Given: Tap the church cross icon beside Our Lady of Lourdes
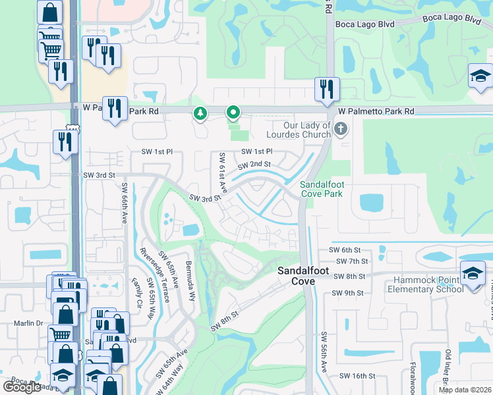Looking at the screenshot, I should click(341, 128).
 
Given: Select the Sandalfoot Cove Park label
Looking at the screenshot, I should click(322, 190).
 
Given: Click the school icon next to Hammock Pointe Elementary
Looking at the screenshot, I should click(473, 273).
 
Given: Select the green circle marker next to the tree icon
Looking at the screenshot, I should click(233, 113).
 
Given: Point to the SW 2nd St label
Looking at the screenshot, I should click(254, 164).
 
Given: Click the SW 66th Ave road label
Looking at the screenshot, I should click(123, 202).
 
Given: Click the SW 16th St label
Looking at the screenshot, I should click(357, 376).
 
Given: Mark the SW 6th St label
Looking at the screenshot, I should click(345, 250).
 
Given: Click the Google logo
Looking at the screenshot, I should click(22, 387).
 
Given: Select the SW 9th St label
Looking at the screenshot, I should click(348, 293).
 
